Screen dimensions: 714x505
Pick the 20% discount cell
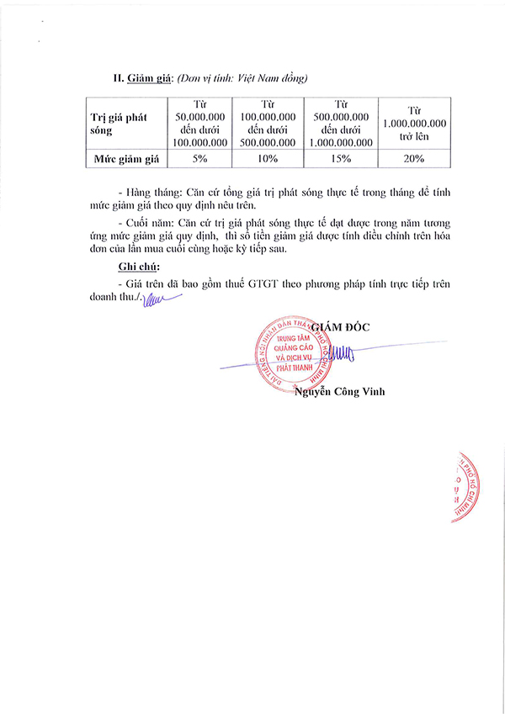pos(414,158)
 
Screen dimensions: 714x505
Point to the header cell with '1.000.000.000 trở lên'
pos(414,124)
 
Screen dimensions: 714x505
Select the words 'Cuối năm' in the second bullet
pos(151,223)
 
